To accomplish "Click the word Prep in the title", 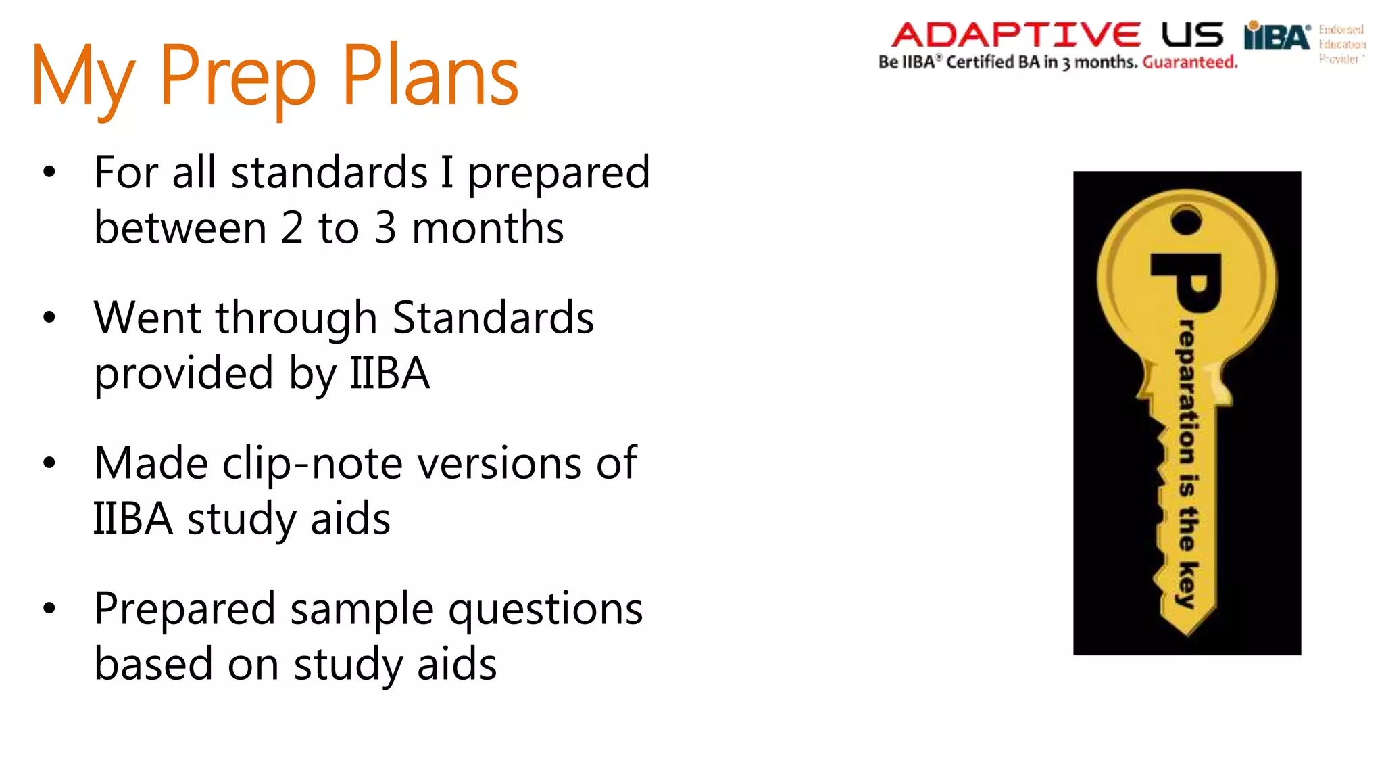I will point(237,76).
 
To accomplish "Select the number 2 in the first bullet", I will point(292,228).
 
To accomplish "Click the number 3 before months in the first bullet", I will point(385,228).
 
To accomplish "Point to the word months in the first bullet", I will point(487,228).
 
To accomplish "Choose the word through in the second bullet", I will point(296,319).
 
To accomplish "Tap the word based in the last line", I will point(153,664).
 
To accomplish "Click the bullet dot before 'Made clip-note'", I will point(49,463).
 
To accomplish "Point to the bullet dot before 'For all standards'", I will point(49,172).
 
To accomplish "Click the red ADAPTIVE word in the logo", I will point(1016,35).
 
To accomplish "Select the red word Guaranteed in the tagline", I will point(1189,62).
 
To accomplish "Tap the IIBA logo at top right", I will point(1277,37).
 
